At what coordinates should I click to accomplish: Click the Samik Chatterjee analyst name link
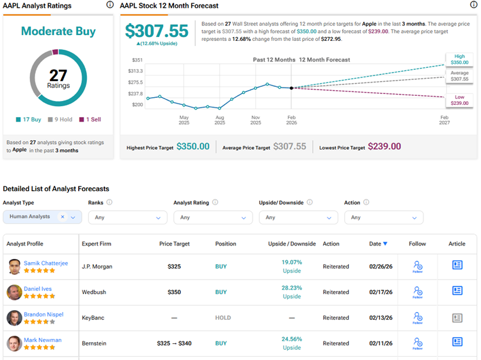click(45, 263)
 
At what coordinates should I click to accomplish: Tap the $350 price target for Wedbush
click(175, 292)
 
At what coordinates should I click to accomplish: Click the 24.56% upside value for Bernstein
click(292, 340)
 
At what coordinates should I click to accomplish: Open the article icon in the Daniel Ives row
click(457, 291)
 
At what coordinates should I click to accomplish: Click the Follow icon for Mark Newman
click(417, 342)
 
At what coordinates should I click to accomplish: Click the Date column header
click(375, 244)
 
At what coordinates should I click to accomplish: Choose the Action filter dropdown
click(383, 217)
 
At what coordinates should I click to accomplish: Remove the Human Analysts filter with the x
click(63, 217)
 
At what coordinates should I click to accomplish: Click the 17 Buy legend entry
click(29, 120)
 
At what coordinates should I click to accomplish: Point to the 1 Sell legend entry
click(90, 120)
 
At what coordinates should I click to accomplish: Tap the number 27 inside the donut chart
click(58, 76)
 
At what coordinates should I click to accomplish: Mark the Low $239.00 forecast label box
click(459, 99)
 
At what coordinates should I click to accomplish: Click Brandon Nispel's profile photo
click(14, 318)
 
